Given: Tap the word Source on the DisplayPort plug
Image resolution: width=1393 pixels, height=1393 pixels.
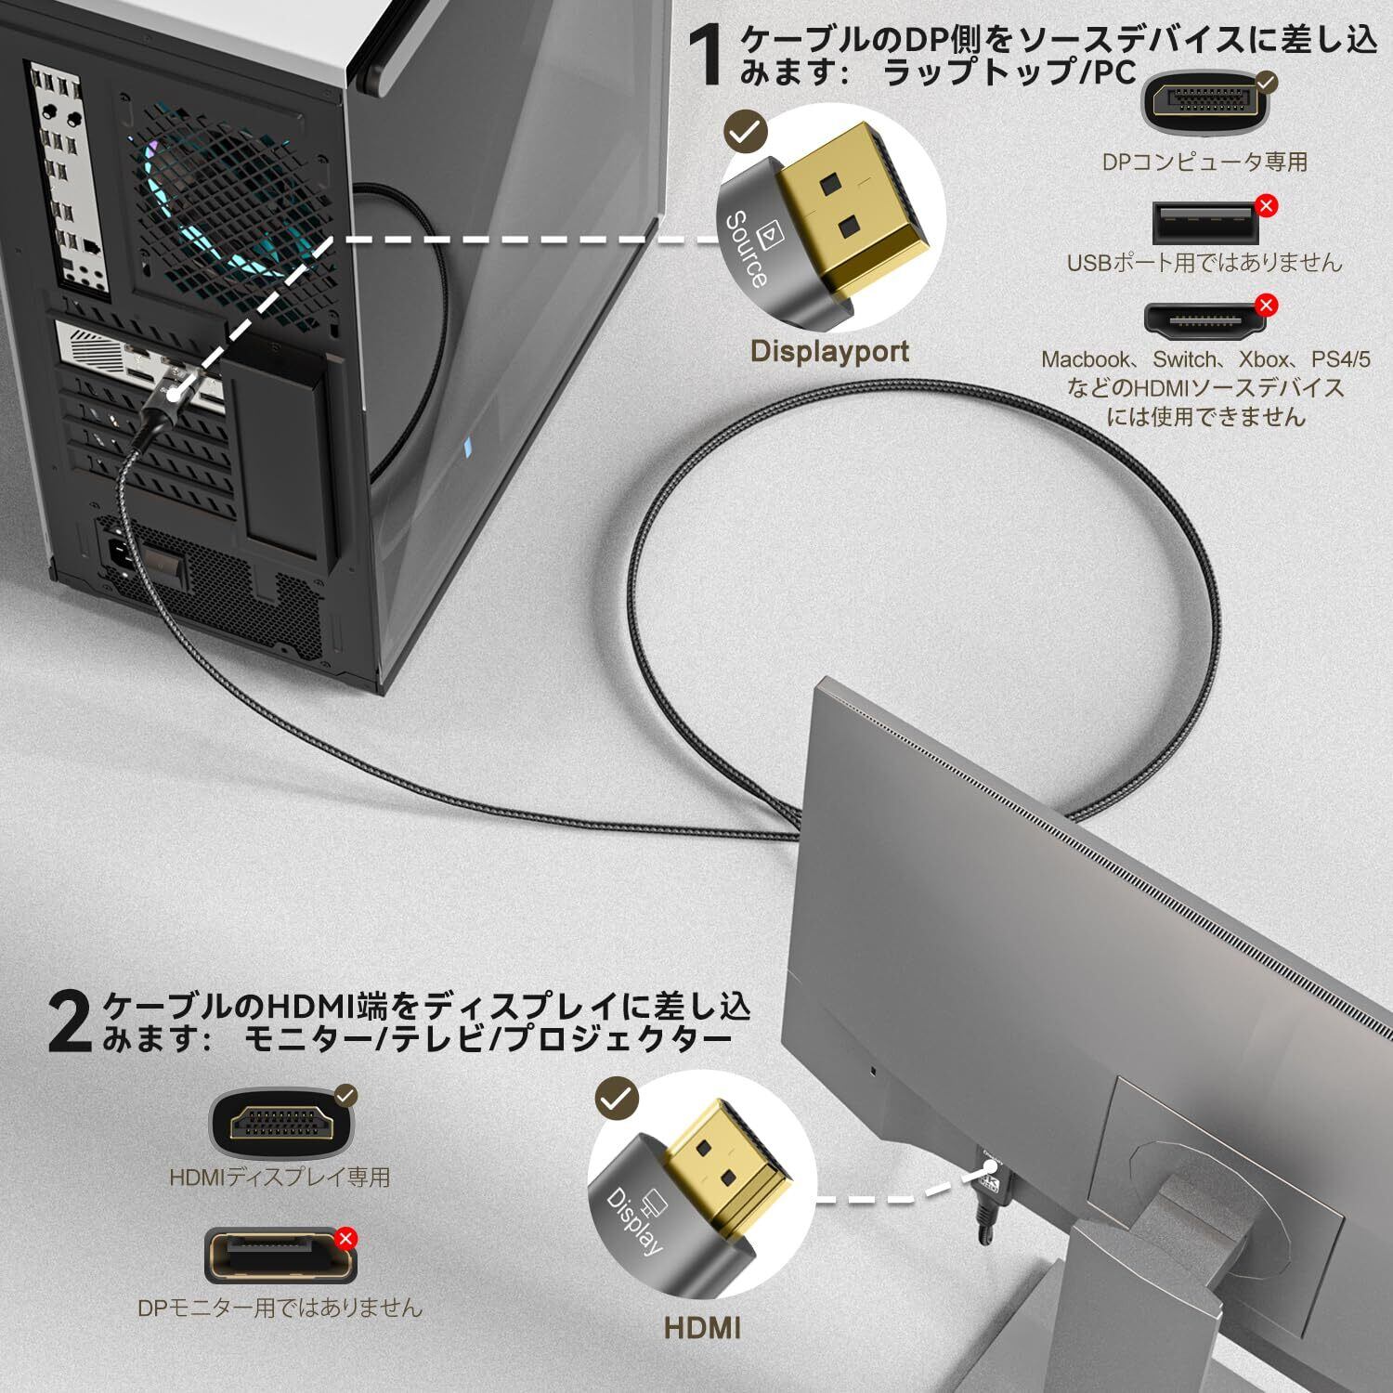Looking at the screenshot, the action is (745, 249).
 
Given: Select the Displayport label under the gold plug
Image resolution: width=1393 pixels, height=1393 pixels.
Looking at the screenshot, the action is (829, 351).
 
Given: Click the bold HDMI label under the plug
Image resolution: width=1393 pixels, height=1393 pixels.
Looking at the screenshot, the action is (702, 1327).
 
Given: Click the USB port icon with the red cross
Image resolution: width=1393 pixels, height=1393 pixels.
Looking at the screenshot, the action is (1204, 223).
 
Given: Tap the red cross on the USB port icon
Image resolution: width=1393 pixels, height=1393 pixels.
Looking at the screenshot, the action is (1265, 205).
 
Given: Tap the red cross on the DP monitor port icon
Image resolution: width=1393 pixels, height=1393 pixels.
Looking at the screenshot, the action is (345, 1238).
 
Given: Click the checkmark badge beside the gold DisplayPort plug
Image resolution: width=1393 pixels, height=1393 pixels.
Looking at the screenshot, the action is (745, 133).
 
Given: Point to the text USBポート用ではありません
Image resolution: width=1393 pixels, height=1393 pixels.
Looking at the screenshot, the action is (1204, 263).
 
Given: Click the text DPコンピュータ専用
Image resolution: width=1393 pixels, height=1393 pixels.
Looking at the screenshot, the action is (1204, 162).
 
